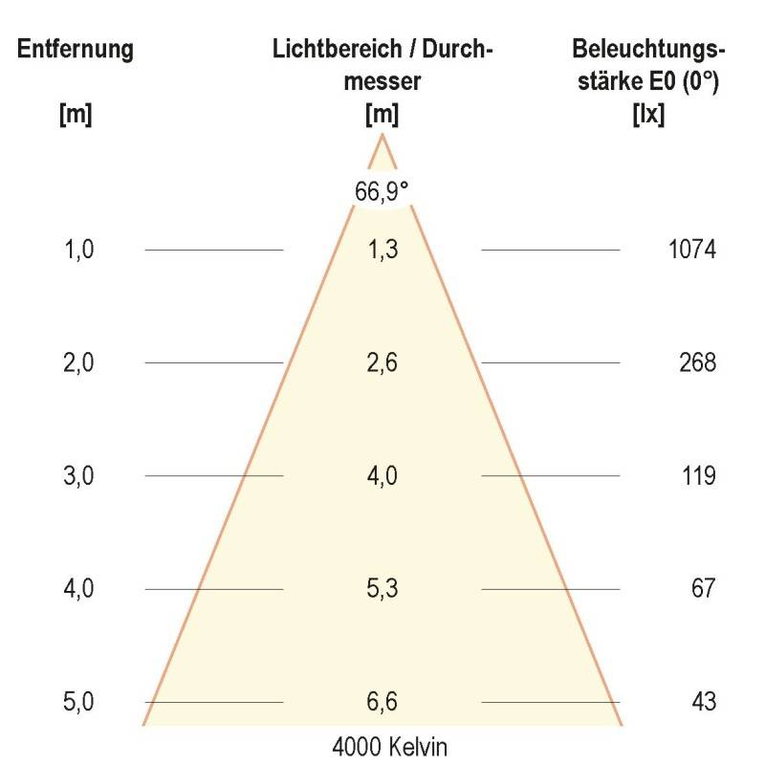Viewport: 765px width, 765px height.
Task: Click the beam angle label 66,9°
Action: point(382,190)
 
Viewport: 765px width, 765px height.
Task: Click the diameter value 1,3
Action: point(382,251)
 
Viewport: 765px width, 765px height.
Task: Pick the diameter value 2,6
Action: point(382,363)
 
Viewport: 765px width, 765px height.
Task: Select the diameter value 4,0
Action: point(382,476)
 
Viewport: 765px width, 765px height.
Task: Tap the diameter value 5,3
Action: point(382,589)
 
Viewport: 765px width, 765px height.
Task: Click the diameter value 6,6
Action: point(382,702)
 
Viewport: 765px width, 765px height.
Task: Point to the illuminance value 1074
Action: point(691,251)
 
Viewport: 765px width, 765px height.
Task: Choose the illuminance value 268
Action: point(700,363)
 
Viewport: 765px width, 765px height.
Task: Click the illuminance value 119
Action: point(700,476)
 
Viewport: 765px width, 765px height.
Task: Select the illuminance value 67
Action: point(704,589)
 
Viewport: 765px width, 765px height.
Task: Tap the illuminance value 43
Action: point(704,702)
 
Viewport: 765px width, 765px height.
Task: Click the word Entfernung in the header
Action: point(76,50)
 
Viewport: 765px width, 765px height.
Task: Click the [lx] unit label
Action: point(648,115)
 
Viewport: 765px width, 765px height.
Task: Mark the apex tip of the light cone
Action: point(382,135)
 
